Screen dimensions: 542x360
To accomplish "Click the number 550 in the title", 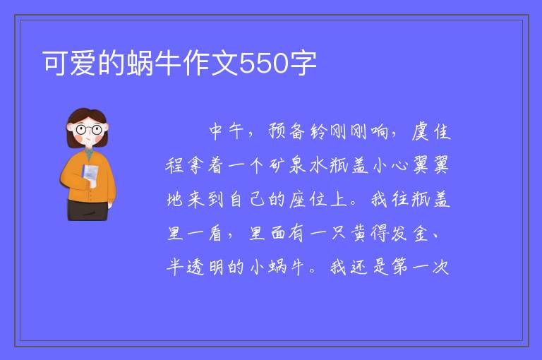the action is (264, 64).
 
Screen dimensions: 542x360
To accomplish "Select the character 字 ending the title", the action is (303, 63).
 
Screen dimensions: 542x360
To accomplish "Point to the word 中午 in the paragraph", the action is (227, 131).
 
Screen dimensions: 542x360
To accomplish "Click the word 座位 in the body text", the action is (308, 199).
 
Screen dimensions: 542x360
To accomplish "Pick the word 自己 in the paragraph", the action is (247, 199).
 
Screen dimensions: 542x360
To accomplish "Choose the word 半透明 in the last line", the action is (196, 267).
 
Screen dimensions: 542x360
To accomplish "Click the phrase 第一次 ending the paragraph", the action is (421, 267).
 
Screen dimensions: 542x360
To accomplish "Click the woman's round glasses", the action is (89, 130).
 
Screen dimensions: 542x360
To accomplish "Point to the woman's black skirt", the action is (88, 210).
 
